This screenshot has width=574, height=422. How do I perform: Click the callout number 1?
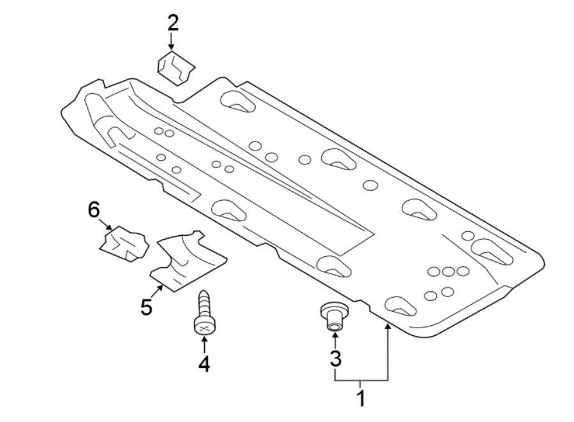click(x=361, y=400)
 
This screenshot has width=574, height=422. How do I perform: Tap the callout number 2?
click(x=173, y=24)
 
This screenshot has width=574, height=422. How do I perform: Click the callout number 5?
click(x=147, y=307)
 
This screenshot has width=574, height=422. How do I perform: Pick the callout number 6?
click(x=94, y=209)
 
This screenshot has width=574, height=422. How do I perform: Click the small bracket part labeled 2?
click(x=177, y=68)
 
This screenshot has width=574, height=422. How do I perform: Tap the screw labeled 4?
click(x=204, y=314)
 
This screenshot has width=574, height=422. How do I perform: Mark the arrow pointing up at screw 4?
click(x=204, y=344)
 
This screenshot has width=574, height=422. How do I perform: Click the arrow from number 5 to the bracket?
click(x=159, y=293)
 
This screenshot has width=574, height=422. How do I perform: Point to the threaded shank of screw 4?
click(x=204, y=303)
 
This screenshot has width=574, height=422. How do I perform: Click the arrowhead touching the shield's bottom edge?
click(x=386, y=326)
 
